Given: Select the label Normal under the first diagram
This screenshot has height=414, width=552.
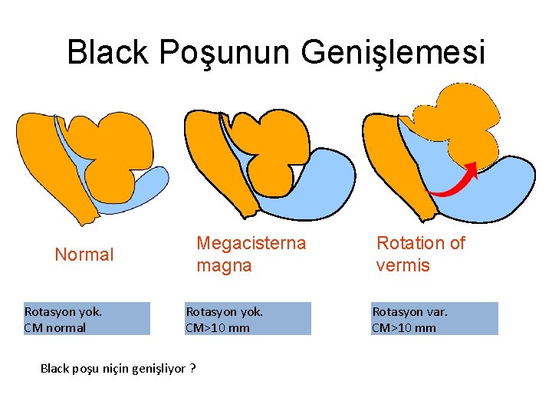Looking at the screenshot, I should (x=84, y=255).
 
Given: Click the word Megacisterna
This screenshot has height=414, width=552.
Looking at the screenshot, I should (x=251, y=244).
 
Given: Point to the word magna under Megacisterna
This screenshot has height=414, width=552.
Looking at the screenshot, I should (x=224, y=266).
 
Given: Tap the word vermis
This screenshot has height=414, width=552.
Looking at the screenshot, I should (x=402, y=266).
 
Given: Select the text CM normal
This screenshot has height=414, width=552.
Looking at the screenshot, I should (x=55, y=327).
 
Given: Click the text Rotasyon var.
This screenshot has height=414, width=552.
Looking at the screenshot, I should (x=409, y=311).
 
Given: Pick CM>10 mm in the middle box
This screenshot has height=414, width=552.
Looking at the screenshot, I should (x=218, y=327).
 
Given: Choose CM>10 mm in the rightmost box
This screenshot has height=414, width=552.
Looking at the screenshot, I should (x=404, y=327).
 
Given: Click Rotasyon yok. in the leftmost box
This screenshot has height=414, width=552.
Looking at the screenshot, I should (x=63, y=311).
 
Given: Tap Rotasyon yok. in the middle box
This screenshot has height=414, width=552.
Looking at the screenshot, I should (x=225, y=311).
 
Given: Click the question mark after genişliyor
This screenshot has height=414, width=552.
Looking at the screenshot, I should (x=192, y=369).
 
